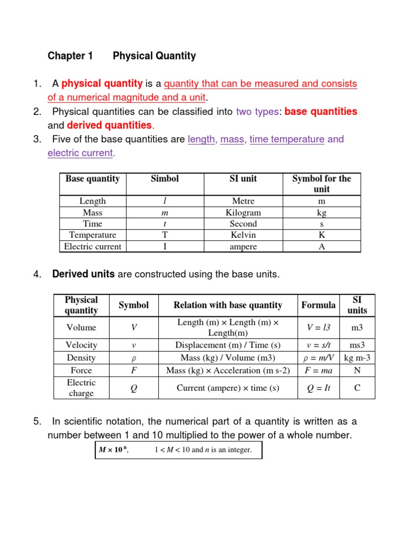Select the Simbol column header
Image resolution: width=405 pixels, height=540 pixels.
click(x=165, y=179)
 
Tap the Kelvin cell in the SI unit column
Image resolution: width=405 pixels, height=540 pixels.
click(x=243, y=235)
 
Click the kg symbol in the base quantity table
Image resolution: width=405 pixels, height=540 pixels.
click(x=322, y=213)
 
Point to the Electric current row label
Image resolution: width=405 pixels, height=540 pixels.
click(x=93, y=246)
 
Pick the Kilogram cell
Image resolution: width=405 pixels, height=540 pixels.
click(x=243, y=213)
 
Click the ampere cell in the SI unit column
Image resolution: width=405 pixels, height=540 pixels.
click(x=243, y=246)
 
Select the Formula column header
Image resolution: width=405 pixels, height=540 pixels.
click(x=319, y=305)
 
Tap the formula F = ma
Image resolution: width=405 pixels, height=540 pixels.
click(x=319, y=370)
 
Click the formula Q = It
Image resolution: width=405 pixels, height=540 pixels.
click(x=319, y=388)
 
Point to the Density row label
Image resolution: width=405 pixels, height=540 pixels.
click(x=81, y=358)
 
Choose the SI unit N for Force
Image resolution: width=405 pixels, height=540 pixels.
click(x=357, y=370)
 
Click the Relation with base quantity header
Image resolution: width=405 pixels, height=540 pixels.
click(x=228, y=305)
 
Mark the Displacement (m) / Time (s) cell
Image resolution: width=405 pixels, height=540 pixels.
click(x=228, y=345)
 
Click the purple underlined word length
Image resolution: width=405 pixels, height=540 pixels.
click(x=201, y=139)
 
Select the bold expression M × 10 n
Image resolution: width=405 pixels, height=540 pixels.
click(x=113, y=450)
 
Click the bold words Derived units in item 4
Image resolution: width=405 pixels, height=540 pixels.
click(x=83, y=274)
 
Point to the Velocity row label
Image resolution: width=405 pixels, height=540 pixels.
click(x=81, y=345)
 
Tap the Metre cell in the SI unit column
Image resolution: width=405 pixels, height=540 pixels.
click(x=243, y=201)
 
